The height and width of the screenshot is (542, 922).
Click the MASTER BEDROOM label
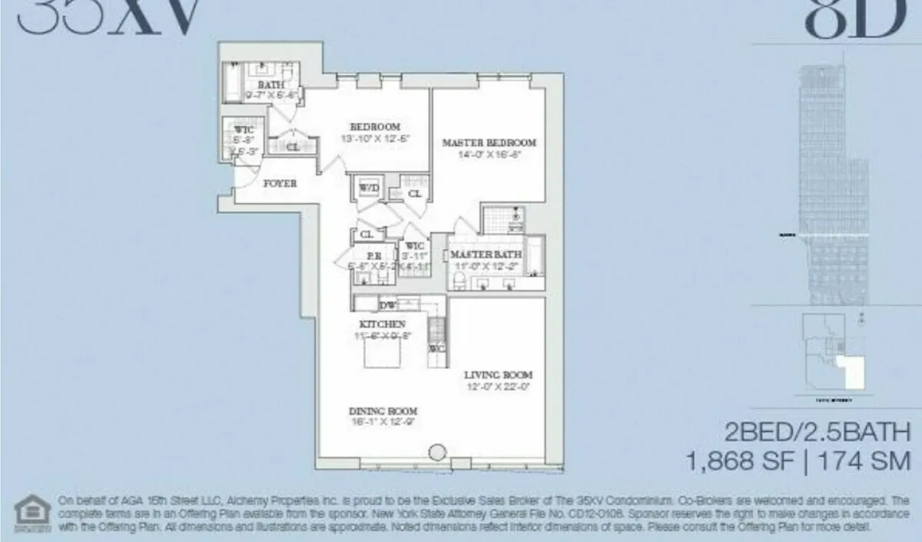(x=489, y=142)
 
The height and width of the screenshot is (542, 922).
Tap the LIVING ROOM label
(x=497, y=374)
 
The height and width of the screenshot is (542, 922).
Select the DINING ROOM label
(x=383, y=411)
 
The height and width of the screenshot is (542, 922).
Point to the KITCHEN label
(x=382, y=324)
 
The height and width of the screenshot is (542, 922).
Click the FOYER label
(x=280, y=184)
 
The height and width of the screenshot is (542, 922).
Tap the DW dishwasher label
(x=387, y=306)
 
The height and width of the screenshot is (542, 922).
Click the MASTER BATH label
(x=486, y=254)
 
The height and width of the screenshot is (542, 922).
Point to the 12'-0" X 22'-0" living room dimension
(x=497, y=387)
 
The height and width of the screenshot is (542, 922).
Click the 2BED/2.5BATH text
(x=817, y=431)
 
